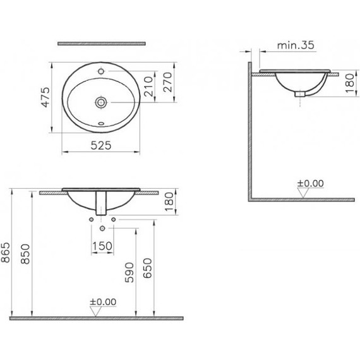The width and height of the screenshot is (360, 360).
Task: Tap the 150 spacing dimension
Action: coord(103,245)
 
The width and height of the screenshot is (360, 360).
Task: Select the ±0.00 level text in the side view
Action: coord(310,183)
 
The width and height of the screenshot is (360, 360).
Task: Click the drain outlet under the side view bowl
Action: coord(301,93)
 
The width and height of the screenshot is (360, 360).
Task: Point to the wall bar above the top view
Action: coord(101,44)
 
